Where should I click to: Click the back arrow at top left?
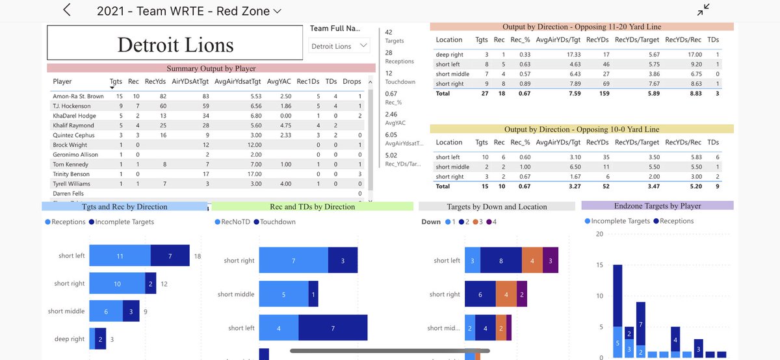[x=67, y=10]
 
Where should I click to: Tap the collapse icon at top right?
[x=703, y=10]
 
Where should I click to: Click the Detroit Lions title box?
[x=175, y=44]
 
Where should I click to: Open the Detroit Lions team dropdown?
[x=339, y=46]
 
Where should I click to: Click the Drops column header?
[x=352, y=82]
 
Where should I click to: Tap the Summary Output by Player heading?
[x=211, y=68]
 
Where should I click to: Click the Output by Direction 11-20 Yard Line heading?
[x=582, y=27]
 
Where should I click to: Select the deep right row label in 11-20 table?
[x=450, y=55]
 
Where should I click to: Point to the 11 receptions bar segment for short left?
[x=120, y=257]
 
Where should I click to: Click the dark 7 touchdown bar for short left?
[x=333, y=328]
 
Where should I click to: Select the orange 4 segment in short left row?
[x=532, y=261]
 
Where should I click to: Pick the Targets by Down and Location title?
[x=497, y=207]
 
